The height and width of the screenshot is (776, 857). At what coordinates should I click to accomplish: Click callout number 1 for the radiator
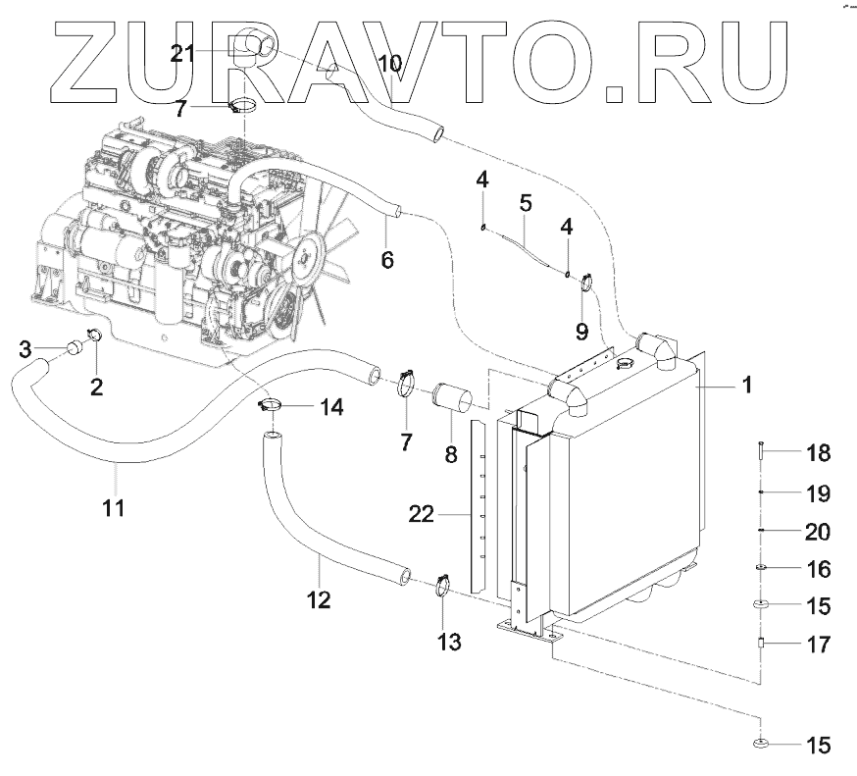[x=747, y=387]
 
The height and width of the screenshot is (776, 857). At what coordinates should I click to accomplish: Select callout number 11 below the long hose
[x=114, y=508]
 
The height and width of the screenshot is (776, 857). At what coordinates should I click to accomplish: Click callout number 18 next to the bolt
[x=817, y=453]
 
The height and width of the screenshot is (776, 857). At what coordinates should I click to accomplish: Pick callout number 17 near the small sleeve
[x=817, y=646]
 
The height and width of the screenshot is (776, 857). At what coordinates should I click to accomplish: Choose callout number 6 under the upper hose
[x=386, y=260]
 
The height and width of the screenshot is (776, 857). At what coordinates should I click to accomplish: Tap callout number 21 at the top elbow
[x=183, y=54]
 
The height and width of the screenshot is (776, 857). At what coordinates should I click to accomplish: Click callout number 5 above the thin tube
[x=526, y=204]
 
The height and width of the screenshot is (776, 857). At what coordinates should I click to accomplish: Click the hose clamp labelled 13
[x=440, y=588]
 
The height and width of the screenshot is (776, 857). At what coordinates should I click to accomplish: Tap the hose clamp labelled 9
[x=587, y=285]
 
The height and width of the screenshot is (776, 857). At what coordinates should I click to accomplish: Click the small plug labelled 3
[x=72, y=347]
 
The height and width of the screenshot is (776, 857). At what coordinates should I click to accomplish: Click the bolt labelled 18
[x=760, y=453]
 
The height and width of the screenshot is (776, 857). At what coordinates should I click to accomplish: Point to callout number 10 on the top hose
[x=389, y=65]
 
